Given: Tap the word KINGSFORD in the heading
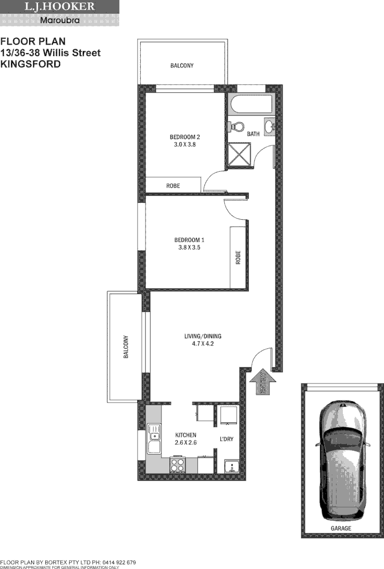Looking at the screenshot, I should tap(31, 64).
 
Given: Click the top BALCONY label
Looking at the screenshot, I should tap(182, 66).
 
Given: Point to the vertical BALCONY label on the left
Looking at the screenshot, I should tap(126, 347).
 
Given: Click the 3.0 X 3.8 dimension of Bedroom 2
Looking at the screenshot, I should tap(184, 144).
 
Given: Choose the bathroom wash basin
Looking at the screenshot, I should tap(270, 126).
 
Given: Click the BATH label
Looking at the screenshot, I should tap(253, 134).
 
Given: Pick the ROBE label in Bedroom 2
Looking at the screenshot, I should tap(173, 186).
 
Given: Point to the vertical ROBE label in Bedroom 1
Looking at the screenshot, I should tap(238, 257).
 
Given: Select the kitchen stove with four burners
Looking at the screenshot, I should tap(177, 465).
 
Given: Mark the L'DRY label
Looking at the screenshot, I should tap(226, 439).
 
